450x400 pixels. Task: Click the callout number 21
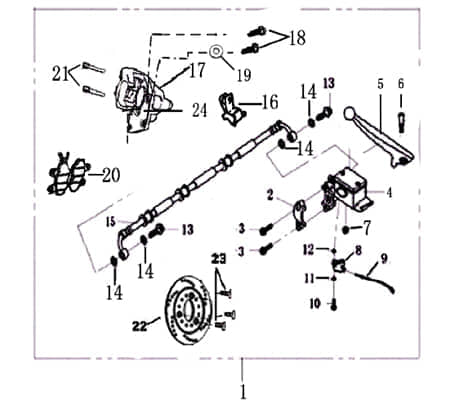pos(59,72)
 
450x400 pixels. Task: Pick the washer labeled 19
pos(216,51)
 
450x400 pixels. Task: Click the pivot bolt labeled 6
pos(400,119)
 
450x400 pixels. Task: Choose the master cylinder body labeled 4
pos(354,189)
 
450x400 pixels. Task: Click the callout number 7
pos(367,228)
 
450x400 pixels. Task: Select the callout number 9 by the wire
pos(382,258)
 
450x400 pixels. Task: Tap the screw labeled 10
pos(332,304)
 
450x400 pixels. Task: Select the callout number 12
pos(309,249)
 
